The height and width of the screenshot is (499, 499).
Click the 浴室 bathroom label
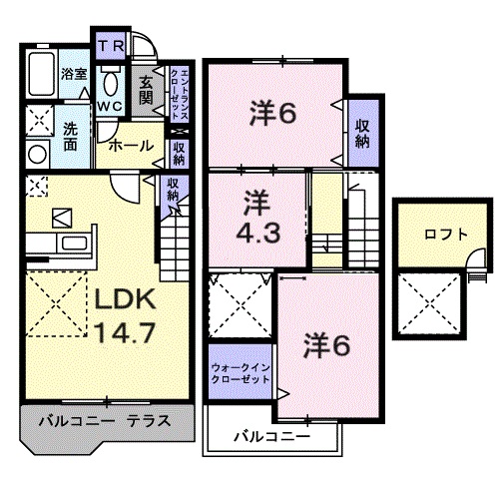(x=73, y=73)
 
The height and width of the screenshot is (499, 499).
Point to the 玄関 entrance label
(x=146, y=90)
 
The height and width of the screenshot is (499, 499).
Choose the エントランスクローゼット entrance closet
(x=176, y=91)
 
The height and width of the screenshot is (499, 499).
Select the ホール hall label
(x=130, y=146)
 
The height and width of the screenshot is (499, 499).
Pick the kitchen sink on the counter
(x=74, y=244)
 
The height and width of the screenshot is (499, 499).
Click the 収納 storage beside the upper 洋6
(x=363, y=131)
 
